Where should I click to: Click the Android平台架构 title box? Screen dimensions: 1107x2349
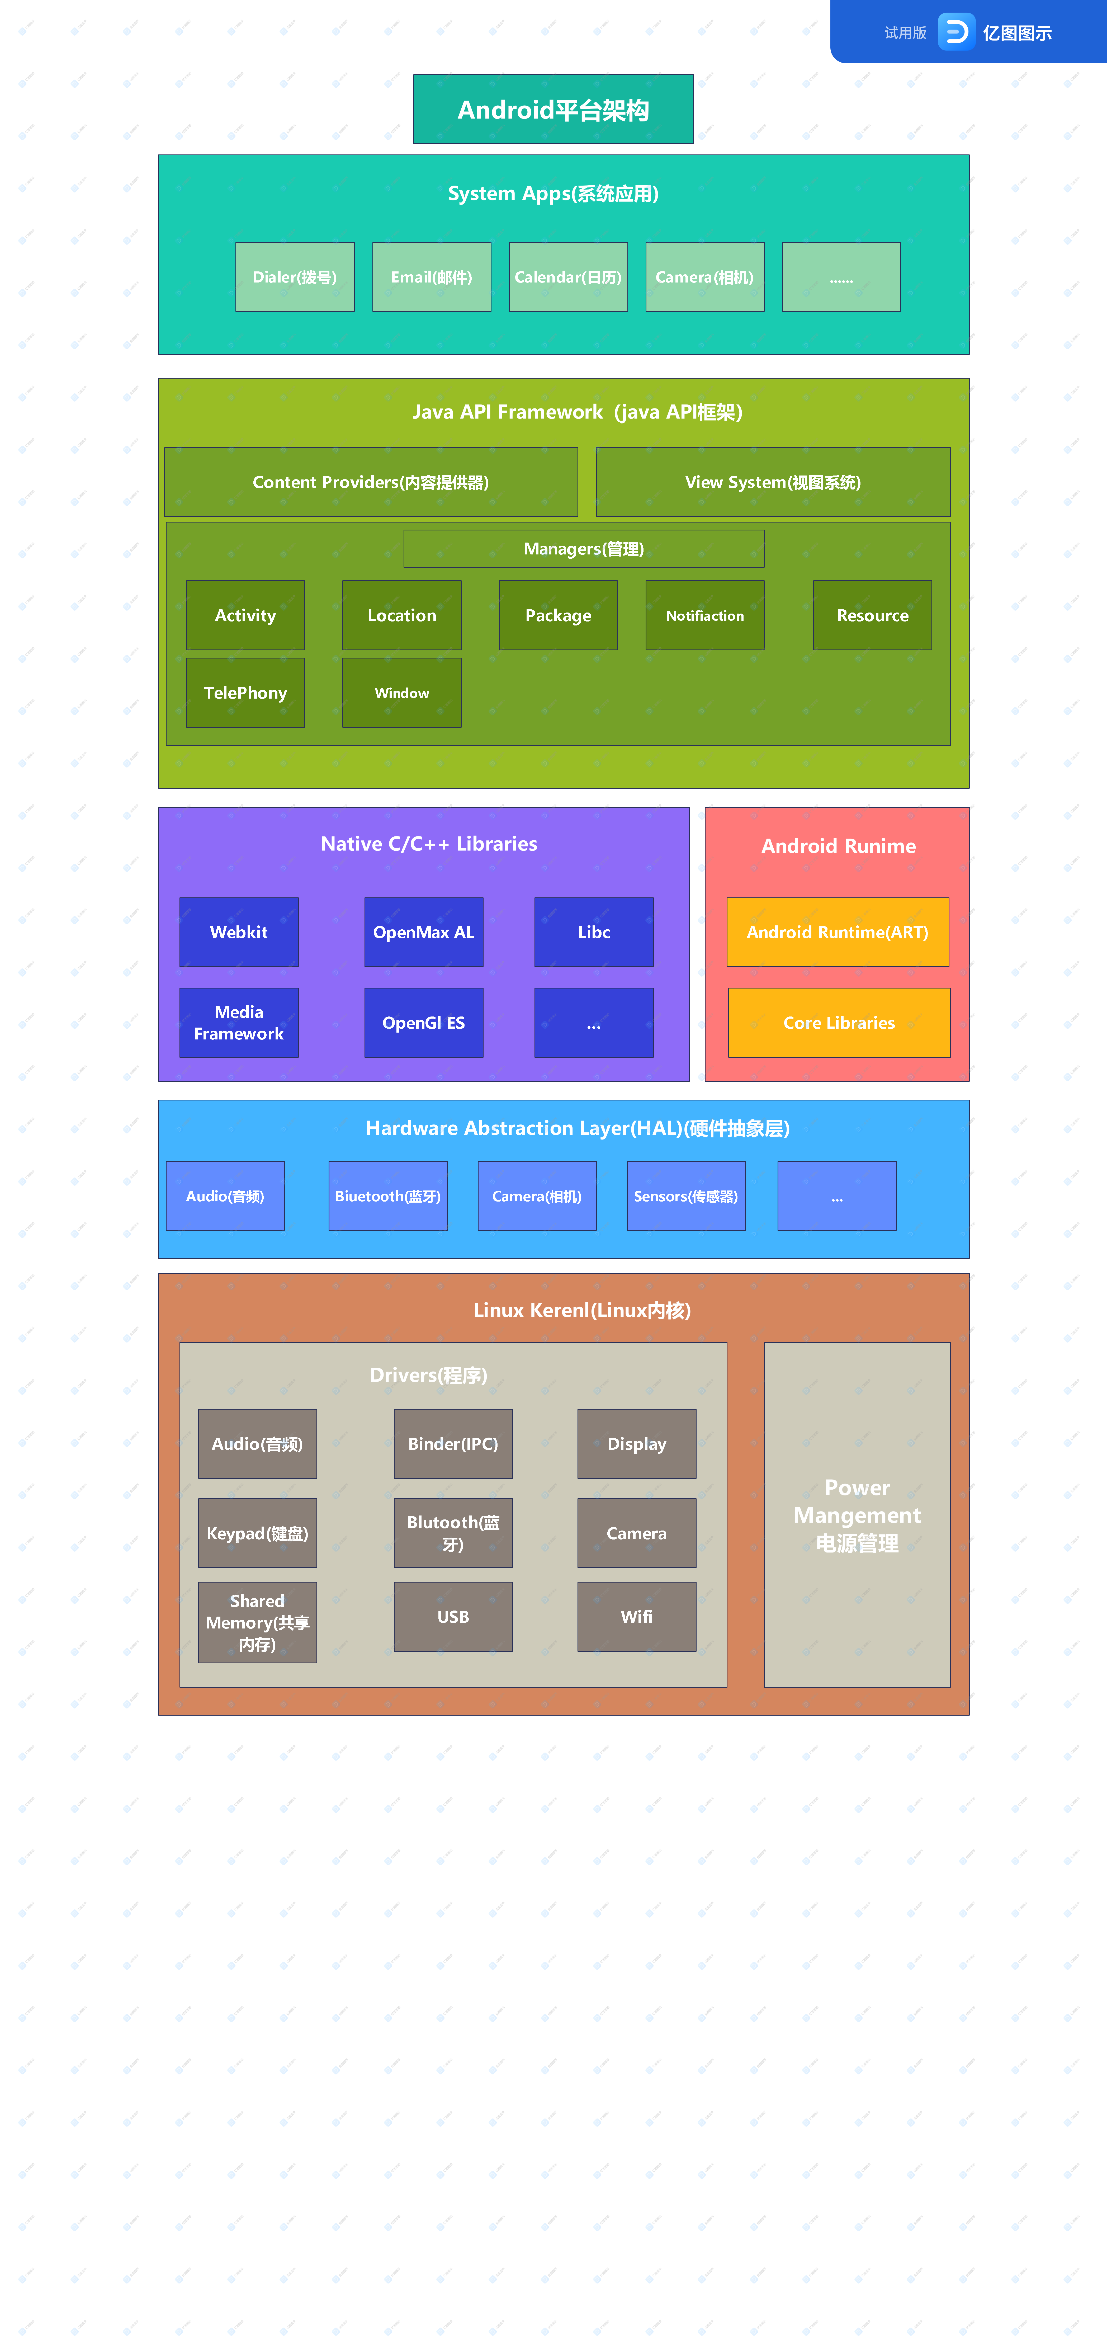tap(553, 109)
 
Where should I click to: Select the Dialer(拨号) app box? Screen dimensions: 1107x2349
tap(295, 277)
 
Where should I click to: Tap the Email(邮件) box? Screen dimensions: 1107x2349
tap(431, 277)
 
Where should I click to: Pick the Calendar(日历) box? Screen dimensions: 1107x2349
tap(568, 277)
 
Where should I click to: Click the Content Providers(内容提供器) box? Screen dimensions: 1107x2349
tap(371, 482)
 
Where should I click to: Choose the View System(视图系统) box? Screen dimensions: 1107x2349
tap(773, 482)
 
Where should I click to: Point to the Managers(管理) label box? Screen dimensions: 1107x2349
tap(584, 549)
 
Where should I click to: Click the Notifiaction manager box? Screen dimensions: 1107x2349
tap(705, 615)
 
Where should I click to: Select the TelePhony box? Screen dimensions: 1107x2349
tap(245, 693)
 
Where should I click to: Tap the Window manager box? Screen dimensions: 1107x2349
tap(402, 693)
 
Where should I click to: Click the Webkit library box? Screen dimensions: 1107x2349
tap(239, 932)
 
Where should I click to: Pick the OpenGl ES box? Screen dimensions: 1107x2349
tap(424, 1023)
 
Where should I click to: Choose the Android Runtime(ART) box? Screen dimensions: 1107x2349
tap(838, 932)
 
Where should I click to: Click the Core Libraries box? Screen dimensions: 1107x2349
tap(839, 1023)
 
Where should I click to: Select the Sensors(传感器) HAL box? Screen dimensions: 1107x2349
tap(686, 1196)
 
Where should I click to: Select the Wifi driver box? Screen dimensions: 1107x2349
tap(636, 1617)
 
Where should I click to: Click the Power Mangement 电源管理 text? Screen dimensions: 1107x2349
tap(857, 1515)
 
